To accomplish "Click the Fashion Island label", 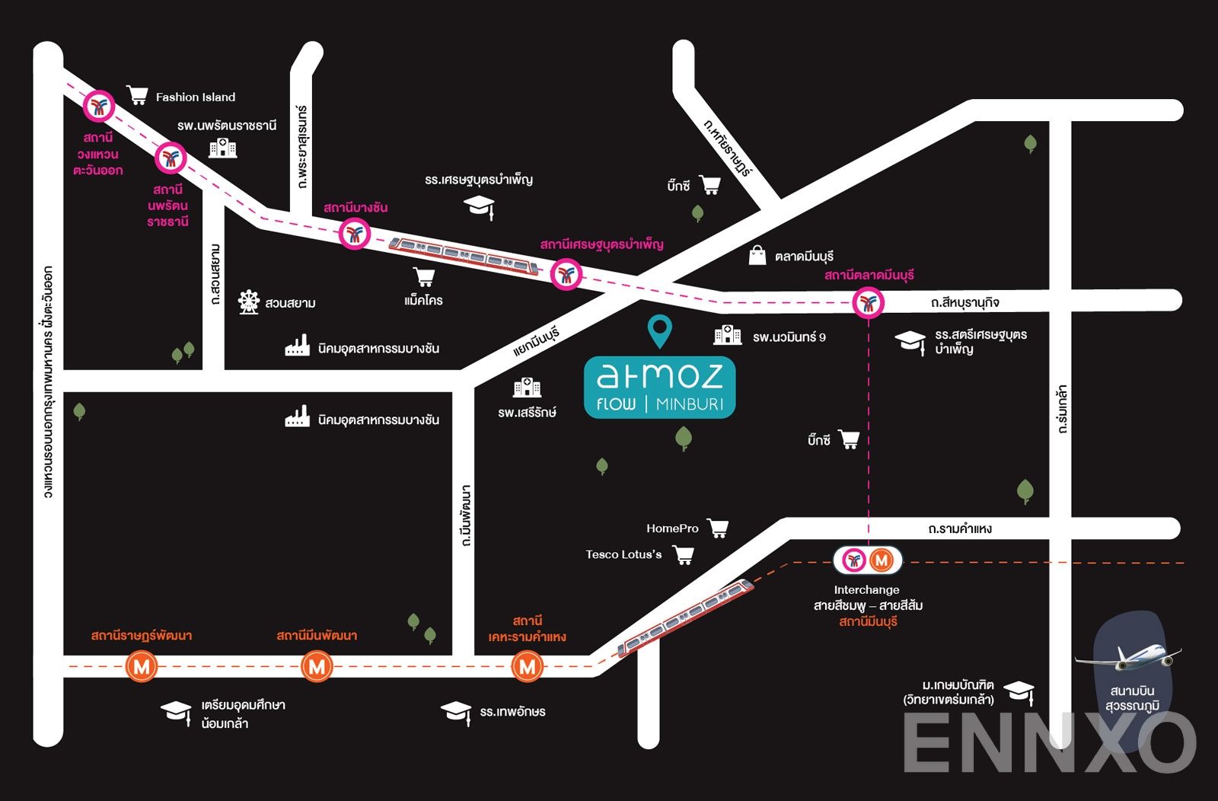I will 196,97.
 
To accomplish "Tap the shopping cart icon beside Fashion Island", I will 137,95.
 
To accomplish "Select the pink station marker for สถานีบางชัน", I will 354,234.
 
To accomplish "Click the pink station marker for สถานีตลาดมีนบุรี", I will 868,303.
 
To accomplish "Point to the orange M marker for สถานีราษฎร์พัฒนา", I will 142,667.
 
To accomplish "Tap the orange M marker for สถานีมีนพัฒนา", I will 317,667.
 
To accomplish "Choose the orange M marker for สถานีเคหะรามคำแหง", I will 527,667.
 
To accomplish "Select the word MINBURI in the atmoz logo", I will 690,404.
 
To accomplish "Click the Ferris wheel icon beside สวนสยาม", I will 248,302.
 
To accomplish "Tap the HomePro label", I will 672,528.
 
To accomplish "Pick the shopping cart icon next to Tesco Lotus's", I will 684,555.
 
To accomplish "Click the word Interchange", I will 866,589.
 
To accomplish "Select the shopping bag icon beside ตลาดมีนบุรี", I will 757,255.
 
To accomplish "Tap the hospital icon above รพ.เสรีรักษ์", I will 527,388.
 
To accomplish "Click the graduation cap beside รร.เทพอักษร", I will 456,712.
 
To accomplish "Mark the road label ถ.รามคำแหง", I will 959,528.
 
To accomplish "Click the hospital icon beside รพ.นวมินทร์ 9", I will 727,335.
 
